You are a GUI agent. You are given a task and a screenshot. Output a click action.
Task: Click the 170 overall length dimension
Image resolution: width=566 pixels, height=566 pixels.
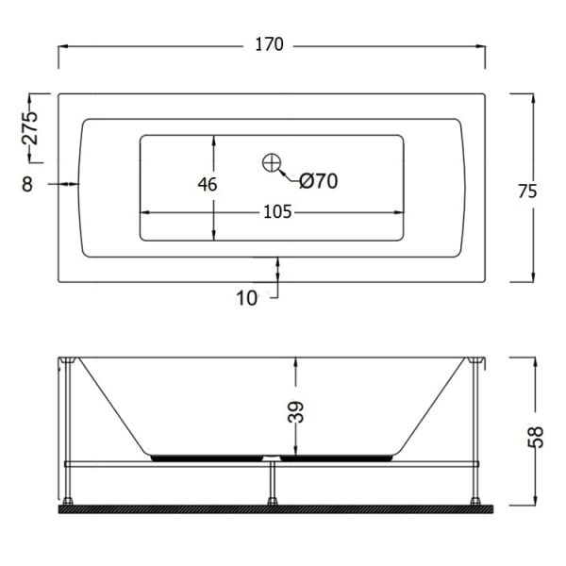[269, 45]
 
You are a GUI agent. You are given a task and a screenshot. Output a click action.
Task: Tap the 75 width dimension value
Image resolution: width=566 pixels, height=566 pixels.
[527, 191]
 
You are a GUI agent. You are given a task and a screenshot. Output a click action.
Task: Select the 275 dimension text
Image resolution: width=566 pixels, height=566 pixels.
[29, 128]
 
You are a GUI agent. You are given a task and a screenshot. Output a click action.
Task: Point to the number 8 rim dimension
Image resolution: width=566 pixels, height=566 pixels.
[27, 184]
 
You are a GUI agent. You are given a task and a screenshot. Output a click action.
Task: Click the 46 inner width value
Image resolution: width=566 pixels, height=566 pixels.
[208, 185]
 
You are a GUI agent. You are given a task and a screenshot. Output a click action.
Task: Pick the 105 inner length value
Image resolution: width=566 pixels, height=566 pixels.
[277, 212]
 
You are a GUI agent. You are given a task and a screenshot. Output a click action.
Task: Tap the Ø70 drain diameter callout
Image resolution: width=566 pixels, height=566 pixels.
[319, 181]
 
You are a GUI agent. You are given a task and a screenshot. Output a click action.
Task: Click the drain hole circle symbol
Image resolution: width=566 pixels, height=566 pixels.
[272, 163]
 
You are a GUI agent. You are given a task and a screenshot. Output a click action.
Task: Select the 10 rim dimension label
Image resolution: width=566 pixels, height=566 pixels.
[246, 298]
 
